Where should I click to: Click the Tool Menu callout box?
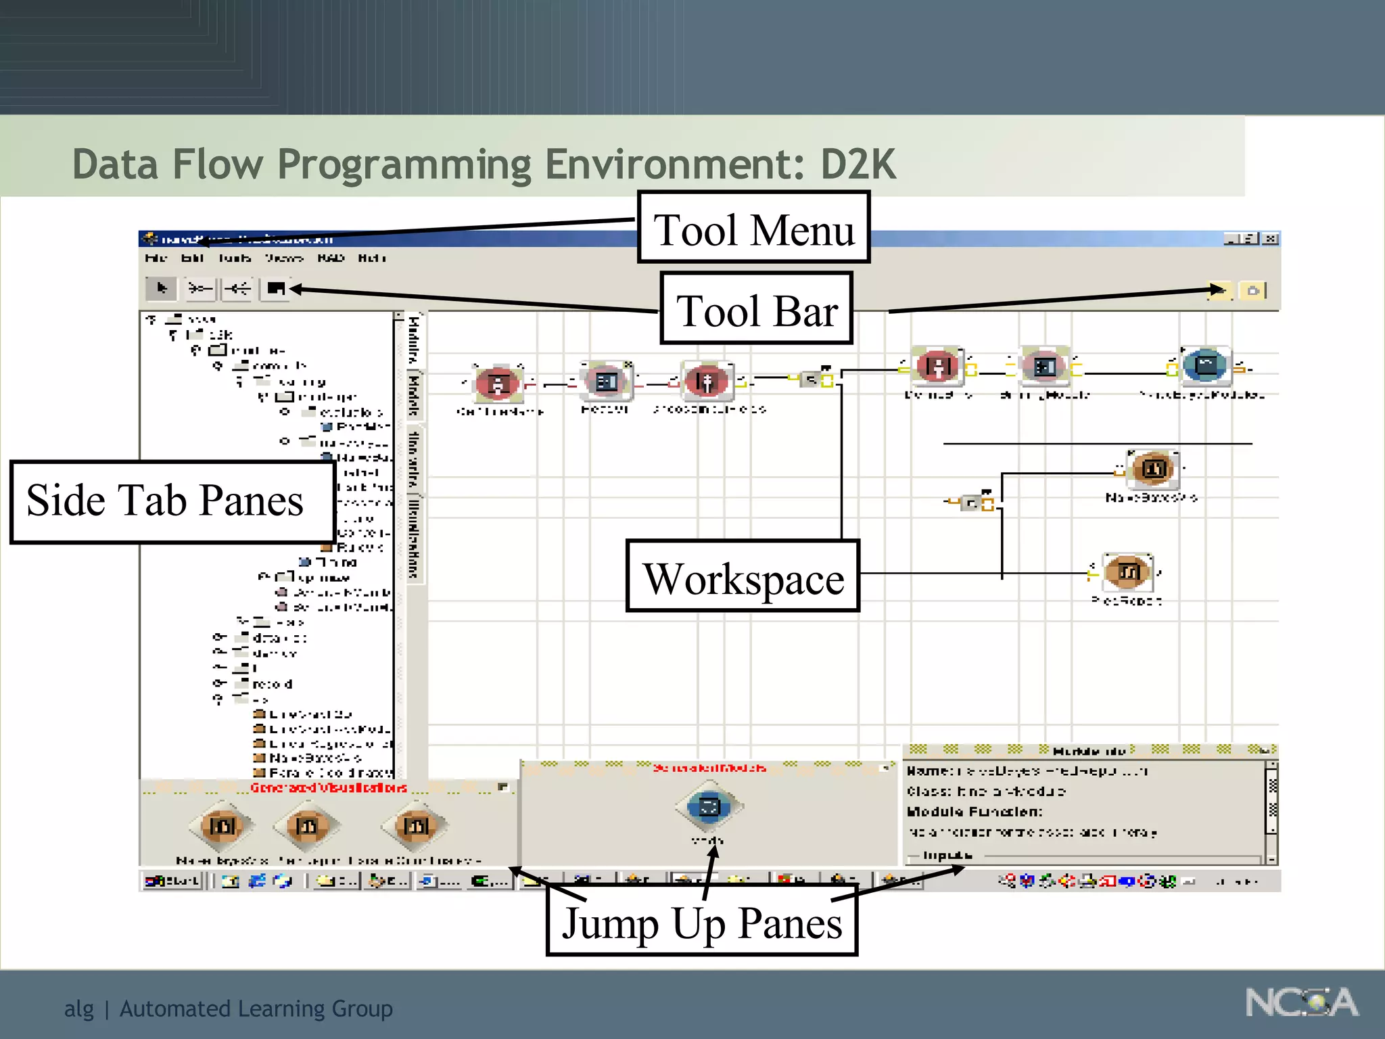pyautogui.click(x=753, y=228)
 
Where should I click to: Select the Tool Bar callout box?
pyautogui.click(x=756, y=309)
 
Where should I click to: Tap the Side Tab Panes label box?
pyautogui.click(x=172, y=501)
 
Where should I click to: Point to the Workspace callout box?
pyautogui.click(x=743, y=577)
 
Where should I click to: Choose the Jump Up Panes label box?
pyautogui.click(x=702, y=921)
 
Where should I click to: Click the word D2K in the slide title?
pyautogui.click(x=858, y=164)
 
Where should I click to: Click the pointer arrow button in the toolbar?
pyautogui.click(x=161, y=289)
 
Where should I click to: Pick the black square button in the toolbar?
pyautogui.click(x=275, y=289)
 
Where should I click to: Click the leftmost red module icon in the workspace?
pyautogui.click(x=498, y=384)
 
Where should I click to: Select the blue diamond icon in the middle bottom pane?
pyautogui.click(x=708, y=806)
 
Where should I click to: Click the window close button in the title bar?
pyautogui.click(x=1271, y=239)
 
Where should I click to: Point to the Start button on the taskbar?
pyautogui.click(x=172, y=880)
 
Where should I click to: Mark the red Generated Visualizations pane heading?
pyautogui.click(x=329, y=787)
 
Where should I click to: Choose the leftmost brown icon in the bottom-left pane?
pyautogui.click(x=222, y=825)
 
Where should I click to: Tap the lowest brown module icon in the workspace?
pyautogui.click(x=1127, y=572)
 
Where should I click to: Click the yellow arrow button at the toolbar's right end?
pyautogui.click(x=1218, y=291)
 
